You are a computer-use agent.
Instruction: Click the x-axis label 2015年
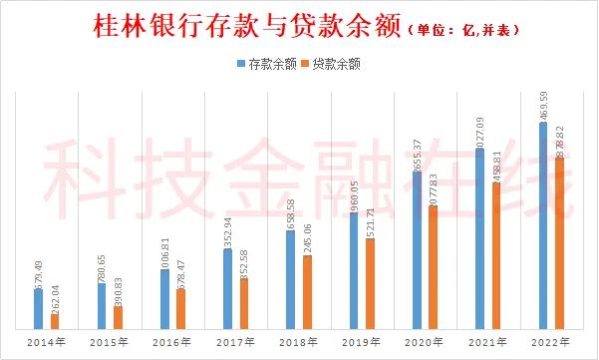pos(109,342)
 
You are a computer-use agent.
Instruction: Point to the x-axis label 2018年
pos(298,342)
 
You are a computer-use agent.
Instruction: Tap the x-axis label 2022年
pos(550,342)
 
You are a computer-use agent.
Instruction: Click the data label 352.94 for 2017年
pos(228,230)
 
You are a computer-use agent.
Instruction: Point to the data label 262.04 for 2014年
pos(55,299)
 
